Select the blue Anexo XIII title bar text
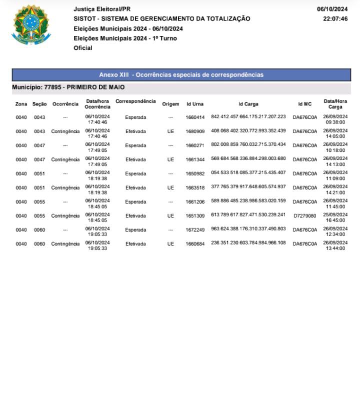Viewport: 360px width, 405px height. pos(181,75)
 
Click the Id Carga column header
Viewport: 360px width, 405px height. pos(248,104)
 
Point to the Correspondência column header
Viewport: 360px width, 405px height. pos(135,101)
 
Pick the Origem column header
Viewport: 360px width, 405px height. pos(170,104)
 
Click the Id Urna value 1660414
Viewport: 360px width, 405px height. pos(195,117)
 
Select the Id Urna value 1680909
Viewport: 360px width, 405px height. pos(195,131)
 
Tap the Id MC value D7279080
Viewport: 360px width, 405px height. pos(304,215)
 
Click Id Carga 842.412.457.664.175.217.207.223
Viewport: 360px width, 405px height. pos(248,116)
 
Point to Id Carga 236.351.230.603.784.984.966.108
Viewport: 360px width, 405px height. pos(248,242)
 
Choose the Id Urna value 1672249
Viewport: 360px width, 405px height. pos(195,229)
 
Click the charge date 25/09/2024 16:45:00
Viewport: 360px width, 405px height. pos(335,215)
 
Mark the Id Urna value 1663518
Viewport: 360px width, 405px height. pos(195,187)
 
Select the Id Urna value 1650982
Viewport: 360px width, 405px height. pos(195,173)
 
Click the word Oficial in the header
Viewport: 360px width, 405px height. pos(83,48)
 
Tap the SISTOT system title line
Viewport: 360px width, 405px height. pos(162,18)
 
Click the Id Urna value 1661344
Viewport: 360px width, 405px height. pos(195,159)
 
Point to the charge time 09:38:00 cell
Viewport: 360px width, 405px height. pos(335,121)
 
